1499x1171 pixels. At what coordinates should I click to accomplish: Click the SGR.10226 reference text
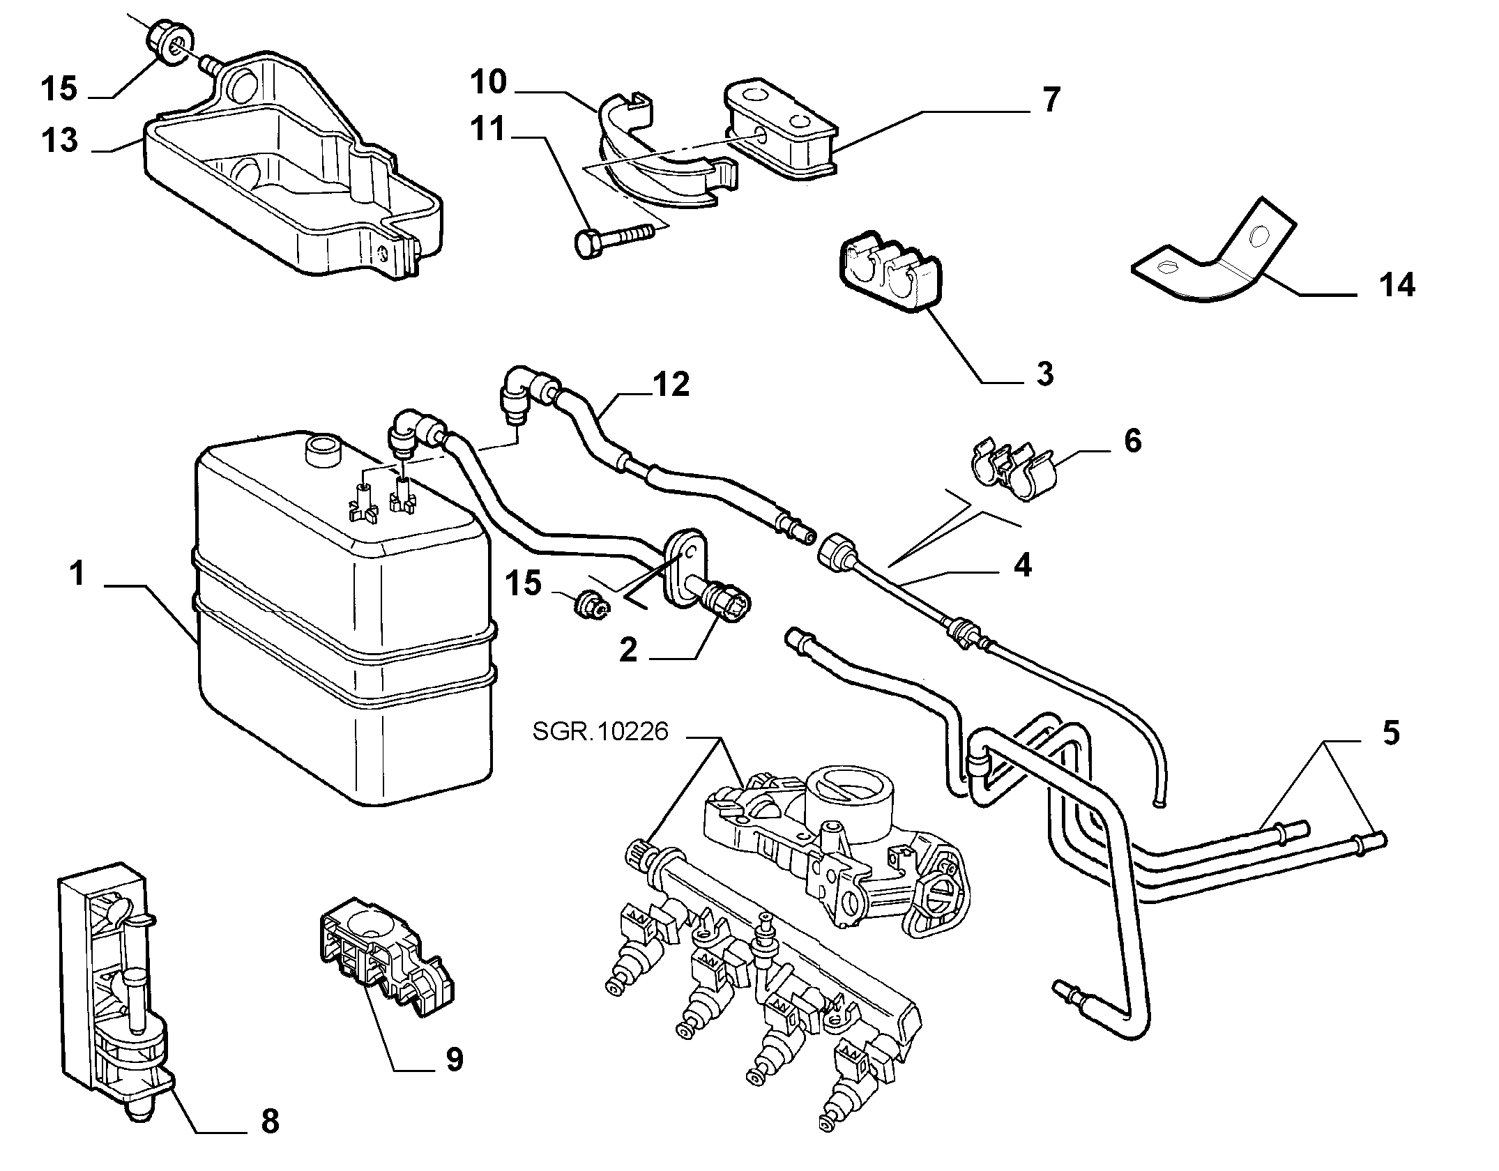pos(600,731)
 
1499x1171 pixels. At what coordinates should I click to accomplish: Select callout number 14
pos(1397,285)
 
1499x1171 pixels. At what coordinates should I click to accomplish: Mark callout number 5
pos(1390,733)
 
